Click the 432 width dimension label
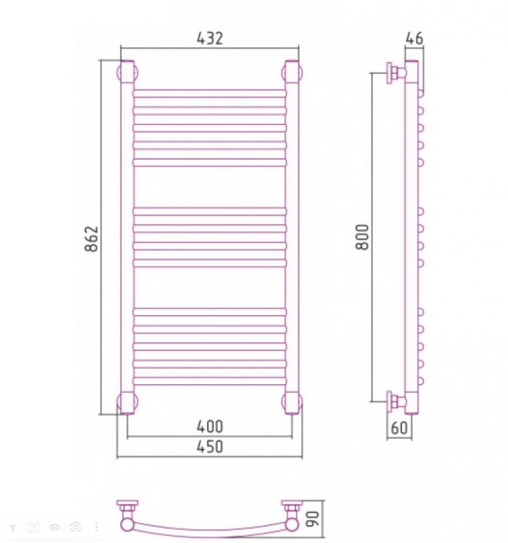(x=210, y=38)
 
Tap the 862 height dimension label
(x=92, y=239)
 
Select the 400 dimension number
(x=210, y=427)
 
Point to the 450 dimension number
(x=210, y=447)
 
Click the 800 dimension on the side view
(x=363, y=237)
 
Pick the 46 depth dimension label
(x=414, y=38)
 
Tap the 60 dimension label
(x=399, y=428)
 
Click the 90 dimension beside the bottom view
(x=313, y=518)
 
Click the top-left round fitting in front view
(x=127, y=72)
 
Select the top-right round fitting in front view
(x=292, y=72)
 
